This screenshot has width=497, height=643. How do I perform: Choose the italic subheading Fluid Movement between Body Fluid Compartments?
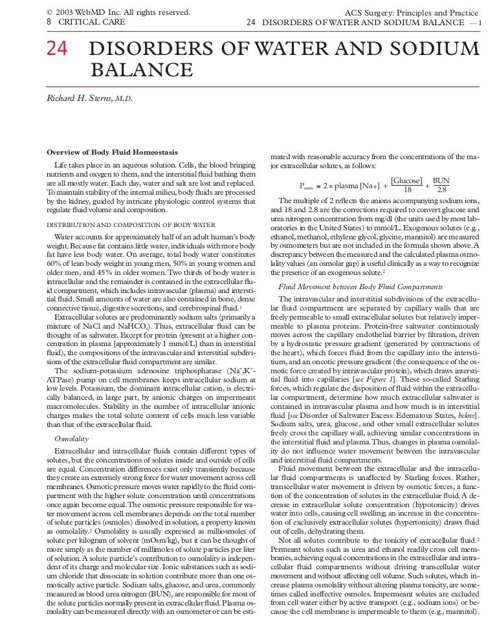(x=360, y=286)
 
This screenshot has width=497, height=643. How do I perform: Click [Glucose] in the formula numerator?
(x=407, y=180)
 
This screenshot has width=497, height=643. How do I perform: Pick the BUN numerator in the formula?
(x=441, y=180)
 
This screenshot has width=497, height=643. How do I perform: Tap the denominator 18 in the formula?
(x=407, y=190)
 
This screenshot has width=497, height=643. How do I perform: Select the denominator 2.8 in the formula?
(x=442, y=190)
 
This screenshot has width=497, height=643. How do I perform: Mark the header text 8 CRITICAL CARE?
(x=85, y=22)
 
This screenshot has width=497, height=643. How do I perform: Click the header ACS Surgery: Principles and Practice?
(x=414, y=12)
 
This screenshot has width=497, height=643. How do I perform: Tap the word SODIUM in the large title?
(x=432, y=50)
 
